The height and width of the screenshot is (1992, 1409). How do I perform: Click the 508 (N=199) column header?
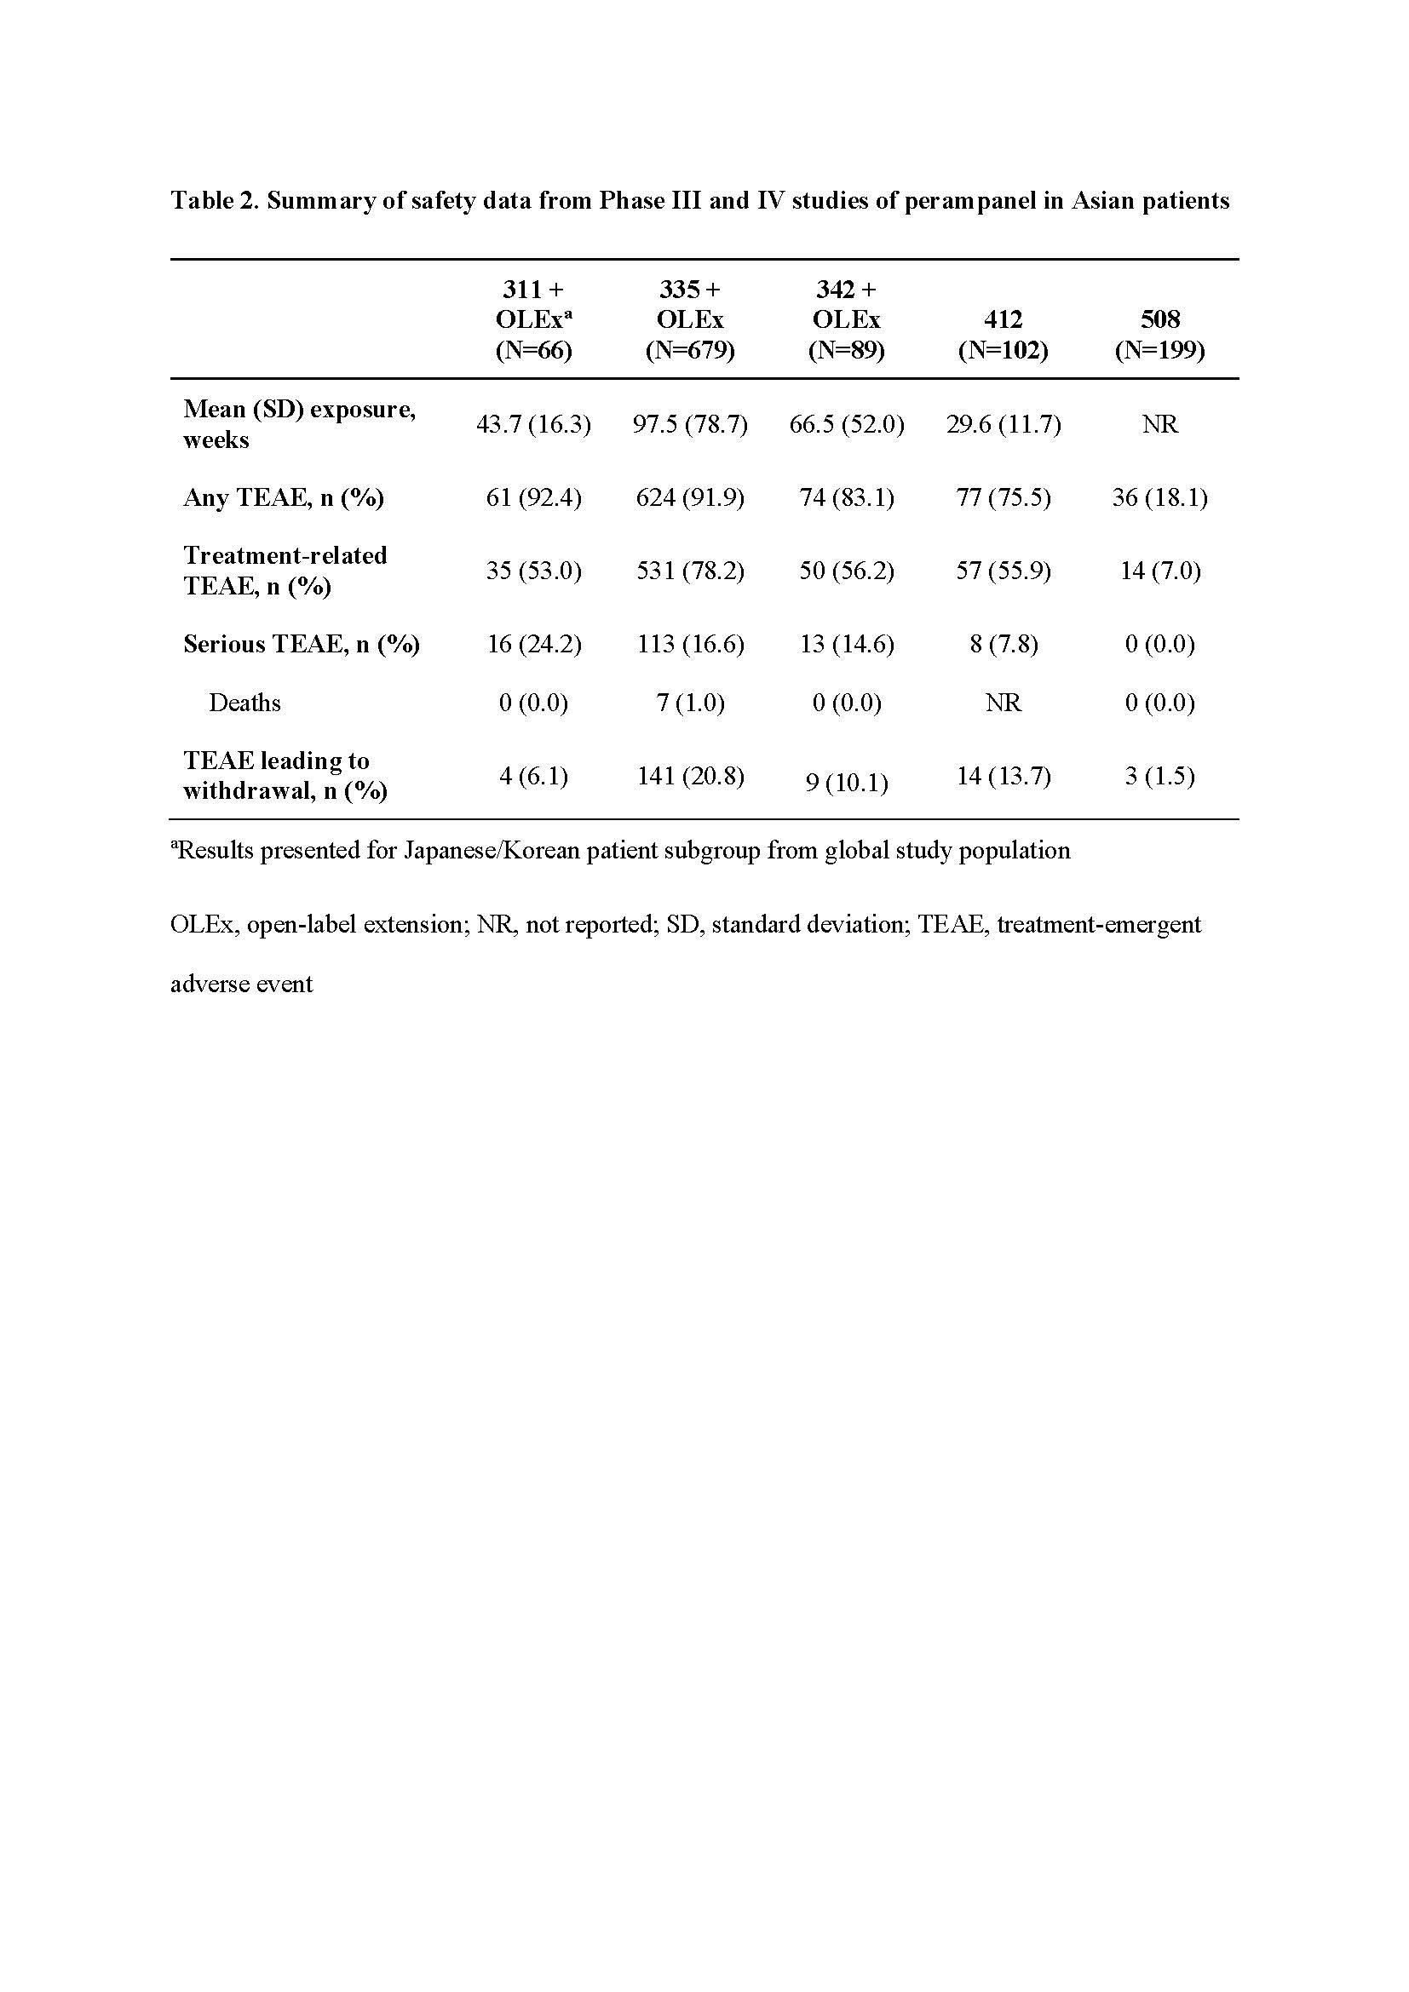1159,334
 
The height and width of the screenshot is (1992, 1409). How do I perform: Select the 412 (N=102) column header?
1003,334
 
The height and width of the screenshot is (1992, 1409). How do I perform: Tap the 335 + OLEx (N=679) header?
690,319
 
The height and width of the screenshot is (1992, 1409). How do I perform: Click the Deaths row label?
244,703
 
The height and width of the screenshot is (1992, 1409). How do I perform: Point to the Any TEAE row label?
283,498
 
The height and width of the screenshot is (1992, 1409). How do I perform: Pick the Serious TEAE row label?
301,644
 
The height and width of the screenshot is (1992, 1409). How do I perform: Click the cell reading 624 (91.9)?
690,498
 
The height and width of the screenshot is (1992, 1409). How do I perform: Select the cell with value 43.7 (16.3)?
533,424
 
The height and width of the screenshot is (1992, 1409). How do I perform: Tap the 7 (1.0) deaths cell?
690,703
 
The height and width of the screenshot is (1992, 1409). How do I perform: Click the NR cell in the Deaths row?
1003,703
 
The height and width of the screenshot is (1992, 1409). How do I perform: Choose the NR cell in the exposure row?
1159,424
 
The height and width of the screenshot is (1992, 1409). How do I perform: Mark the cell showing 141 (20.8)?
690,776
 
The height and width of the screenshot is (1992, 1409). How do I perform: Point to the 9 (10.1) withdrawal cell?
846,783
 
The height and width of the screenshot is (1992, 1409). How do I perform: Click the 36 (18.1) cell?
1159,498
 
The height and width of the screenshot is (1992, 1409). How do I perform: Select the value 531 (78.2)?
690,571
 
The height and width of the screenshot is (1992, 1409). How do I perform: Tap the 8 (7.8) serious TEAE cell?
1003,644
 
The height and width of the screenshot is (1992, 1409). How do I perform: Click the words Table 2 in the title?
214,201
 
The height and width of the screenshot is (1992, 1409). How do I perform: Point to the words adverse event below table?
241,984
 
